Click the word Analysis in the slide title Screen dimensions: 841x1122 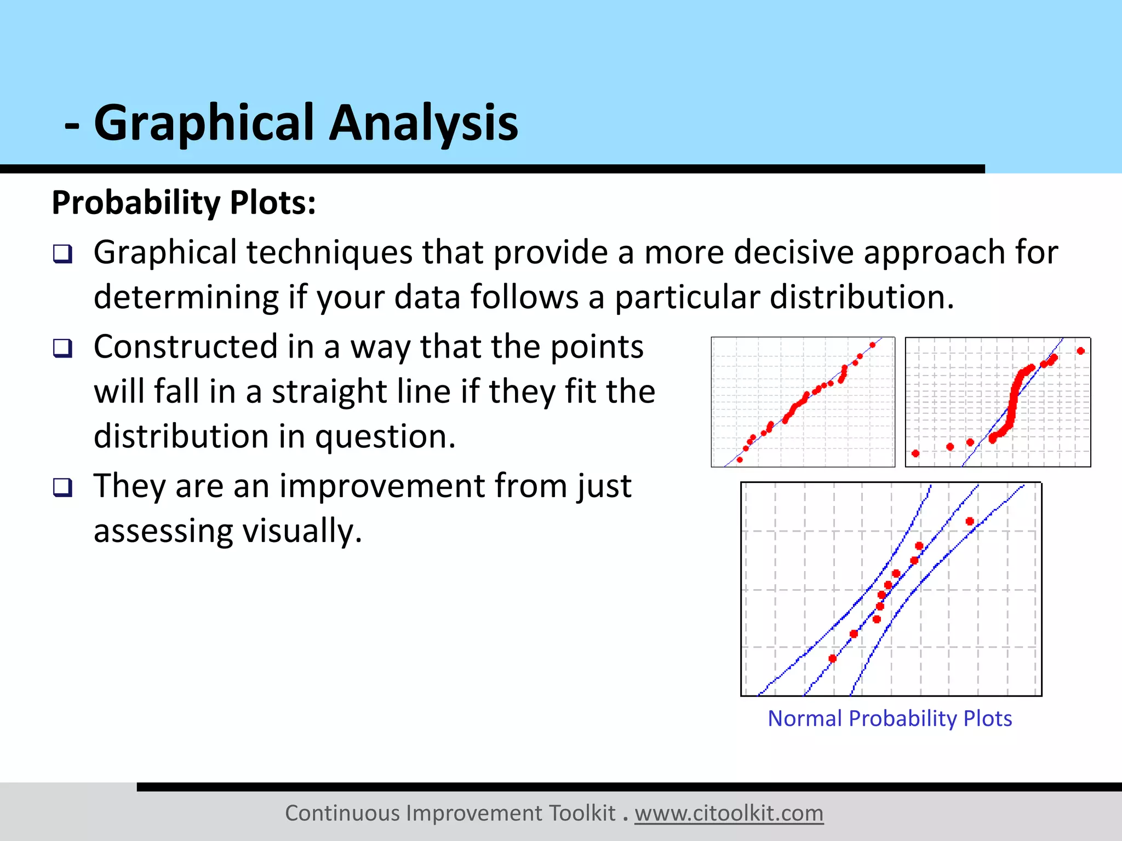[423, 123]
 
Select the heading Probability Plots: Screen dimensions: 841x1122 [184, 203]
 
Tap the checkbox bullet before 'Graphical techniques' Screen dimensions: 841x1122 [62, 254]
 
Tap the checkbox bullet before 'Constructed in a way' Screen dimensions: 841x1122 [62, 348]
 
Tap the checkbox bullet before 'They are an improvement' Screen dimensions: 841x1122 [62, 487]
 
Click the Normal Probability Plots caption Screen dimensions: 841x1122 [890, 718]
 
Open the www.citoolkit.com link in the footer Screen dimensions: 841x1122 [729, 813]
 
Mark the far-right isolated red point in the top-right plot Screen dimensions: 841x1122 [1080, 351]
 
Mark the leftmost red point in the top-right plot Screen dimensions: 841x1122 [915, 453]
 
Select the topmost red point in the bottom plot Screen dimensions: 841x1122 [970, 521]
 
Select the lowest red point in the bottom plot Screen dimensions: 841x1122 [833, 658]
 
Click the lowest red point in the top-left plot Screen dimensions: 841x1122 [740, 459]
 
